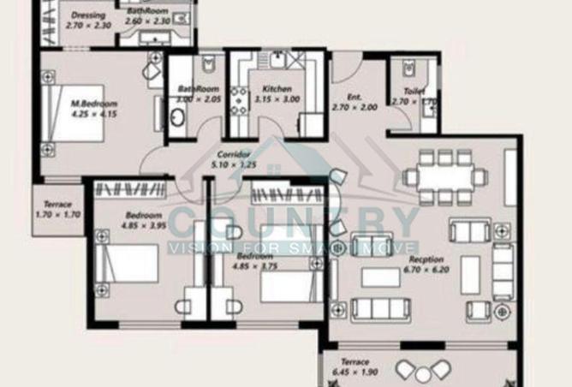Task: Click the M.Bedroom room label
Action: [94, 104]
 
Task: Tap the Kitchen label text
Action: [277, 88]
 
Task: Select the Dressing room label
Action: [87, 15]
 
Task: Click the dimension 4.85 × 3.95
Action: [143, 225]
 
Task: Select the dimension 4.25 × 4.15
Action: [94, 114]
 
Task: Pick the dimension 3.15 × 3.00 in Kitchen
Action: [277, 99]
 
